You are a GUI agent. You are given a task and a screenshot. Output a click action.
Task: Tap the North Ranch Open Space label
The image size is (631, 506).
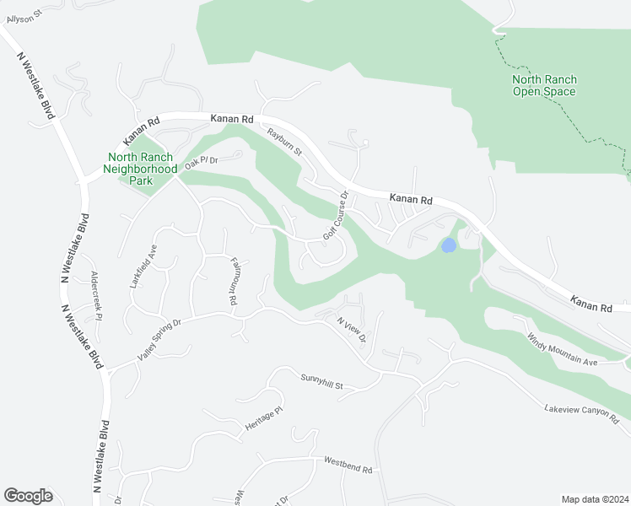[544, 85]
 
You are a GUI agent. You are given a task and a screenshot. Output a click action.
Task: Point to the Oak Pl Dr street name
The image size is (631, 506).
[202, 160]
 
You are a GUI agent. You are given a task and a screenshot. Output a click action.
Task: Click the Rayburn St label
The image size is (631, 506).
[285, 141]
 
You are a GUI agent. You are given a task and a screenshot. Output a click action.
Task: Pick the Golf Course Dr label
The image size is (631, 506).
[335, 215]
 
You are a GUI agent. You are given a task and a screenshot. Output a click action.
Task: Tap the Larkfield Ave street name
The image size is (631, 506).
[143, 267]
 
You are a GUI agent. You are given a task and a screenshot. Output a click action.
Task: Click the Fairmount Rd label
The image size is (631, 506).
[234, 282]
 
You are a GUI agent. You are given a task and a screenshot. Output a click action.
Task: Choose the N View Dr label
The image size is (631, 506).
[351, 329]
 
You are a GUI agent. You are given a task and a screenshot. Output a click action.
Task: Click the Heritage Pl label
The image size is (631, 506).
[262, 419]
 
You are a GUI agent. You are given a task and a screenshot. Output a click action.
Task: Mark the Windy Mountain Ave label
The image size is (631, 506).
[562, 349]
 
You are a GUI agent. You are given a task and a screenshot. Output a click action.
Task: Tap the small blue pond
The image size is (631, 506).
[449, 245]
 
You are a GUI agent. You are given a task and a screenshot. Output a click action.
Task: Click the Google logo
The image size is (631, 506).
[28, 496]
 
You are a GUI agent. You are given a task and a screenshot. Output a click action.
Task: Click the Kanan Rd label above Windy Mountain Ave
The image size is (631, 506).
[591, 304]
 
